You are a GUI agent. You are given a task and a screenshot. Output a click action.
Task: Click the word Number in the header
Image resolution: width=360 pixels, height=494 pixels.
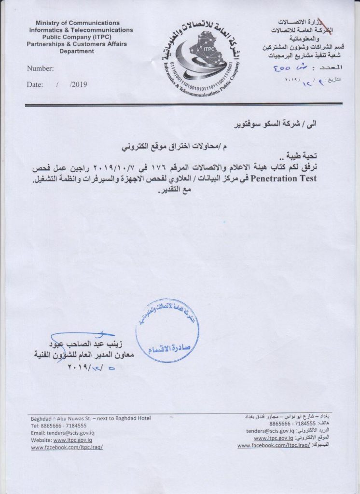41,69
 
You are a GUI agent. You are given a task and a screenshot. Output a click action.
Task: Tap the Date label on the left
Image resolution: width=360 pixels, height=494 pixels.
35,84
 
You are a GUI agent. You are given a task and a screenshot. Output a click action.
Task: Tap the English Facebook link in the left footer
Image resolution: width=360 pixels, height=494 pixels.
67,448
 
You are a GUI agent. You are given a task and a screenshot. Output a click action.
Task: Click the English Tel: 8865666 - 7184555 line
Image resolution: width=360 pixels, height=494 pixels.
58,426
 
